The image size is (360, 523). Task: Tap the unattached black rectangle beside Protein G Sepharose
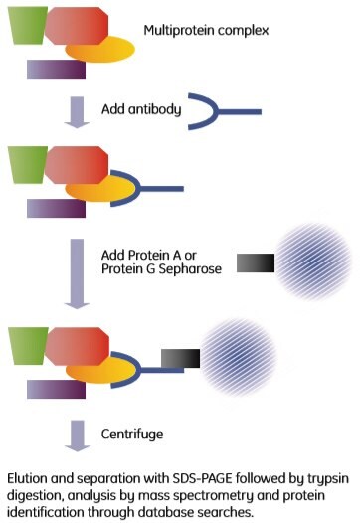pos(255,263)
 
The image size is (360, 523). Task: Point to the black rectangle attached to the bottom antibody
pos(179,356)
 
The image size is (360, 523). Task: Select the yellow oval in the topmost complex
pos(99,49)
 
